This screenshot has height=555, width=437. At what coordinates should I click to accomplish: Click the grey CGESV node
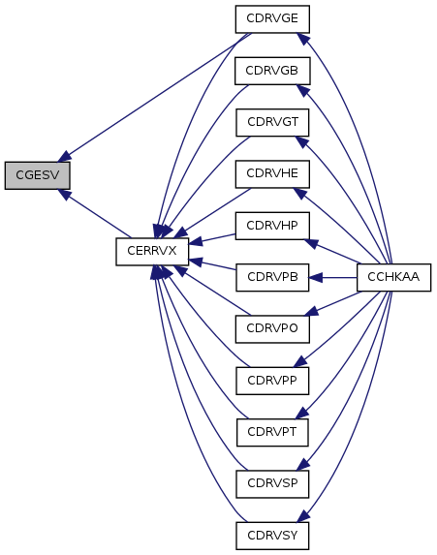point(37,175)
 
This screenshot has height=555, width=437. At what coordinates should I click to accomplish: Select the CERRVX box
point(152,251)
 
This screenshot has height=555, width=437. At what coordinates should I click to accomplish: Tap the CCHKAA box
point(393,277)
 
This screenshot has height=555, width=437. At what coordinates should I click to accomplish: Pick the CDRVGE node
point(272,19)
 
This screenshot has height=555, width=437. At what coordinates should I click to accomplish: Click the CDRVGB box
point(272,71)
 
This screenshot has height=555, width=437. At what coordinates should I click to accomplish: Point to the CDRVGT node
point(272,122)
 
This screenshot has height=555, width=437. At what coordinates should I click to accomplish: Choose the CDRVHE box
point(272,174)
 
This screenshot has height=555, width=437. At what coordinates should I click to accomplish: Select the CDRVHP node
point(272,226)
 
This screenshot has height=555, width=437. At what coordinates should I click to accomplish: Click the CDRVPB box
point(272,277)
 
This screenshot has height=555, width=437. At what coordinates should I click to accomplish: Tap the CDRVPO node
point(272,329)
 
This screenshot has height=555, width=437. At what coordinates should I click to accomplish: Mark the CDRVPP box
point(272,381)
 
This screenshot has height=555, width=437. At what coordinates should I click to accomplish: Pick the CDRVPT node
point(272,433)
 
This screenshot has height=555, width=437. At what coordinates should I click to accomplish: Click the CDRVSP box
point(272,484)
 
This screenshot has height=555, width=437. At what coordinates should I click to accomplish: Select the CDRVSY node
point(272,536)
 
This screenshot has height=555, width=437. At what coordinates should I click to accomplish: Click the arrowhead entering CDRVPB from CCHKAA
point(316,277)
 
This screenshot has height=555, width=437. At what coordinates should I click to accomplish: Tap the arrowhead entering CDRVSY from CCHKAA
point(304,515)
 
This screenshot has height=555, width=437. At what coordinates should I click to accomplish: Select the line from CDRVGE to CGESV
point(155,97)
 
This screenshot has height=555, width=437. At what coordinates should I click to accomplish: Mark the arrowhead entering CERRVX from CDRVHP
point(196,242)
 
